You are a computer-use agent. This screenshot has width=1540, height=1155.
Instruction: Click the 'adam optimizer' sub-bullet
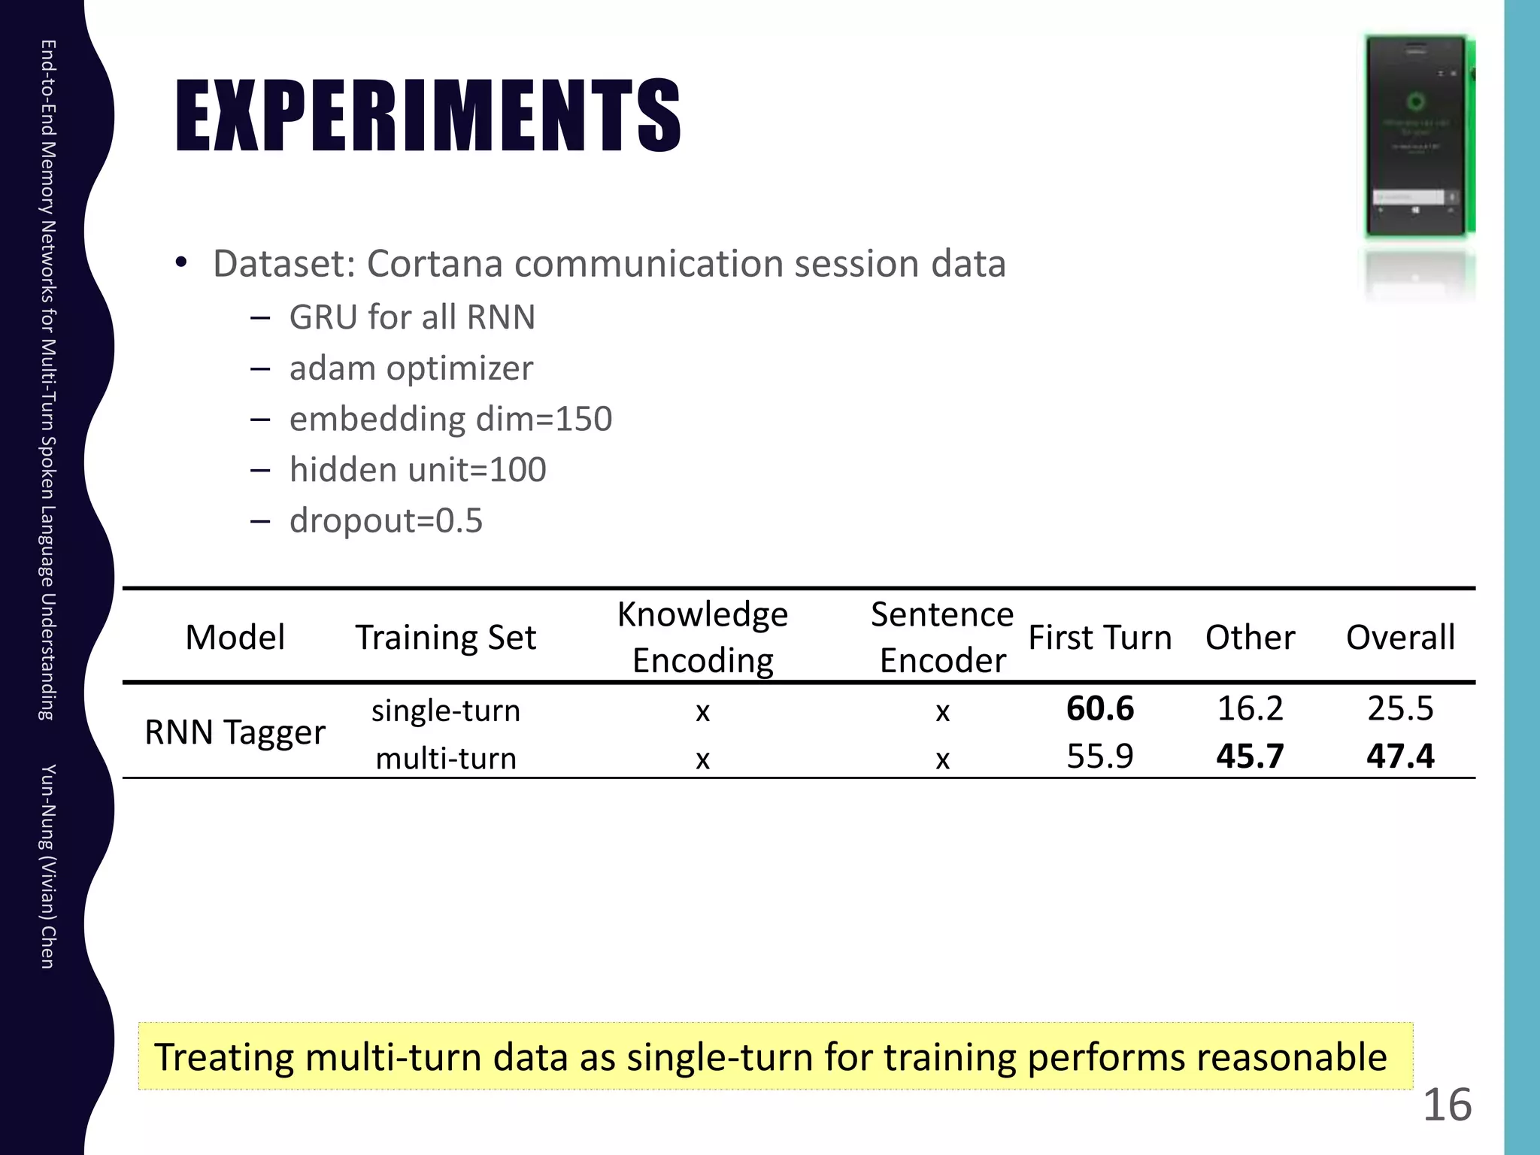click(x=411, y=368)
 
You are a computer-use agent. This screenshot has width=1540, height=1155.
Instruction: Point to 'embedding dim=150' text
click(x=450, y=419)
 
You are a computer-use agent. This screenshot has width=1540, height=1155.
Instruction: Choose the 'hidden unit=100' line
click(x=417, y=470)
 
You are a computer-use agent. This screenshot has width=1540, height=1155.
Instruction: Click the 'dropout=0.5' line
click(x=386, y=520)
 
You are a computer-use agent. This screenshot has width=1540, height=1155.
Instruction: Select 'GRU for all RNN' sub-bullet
click(x=412, y=317)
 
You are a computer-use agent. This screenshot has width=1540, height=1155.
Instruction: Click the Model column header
click(x=235, y=638)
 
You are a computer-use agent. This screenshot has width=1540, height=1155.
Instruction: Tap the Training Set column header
click(x=446, y=638)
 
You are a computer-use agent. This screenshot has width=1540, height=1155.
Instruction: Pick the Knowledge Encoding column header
click(x=702, y=637)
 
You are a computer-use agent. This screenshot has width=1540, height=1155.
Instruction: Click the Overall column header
click(x=1400, y=638)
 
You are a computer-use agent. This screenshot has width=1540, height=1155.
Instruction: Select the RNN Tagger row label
click(x=235, y=732)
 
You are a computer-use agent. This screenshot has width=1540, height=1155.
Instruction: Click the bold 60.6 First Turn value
click(x=1099, y=708)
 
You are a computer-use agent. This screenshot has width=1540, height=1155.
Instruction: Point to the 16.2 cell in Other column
click(x=1250, y=708)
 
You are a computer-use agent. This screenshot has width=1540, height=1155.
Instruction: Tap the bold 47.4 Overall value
click(x=1400, y=756)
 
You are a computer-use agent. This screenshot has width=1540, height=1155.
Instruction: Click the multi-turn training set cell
click(x=446, y=758)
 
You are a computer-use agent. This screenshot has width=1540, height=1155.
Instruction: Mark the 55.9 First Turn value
click(x=1099, y=756)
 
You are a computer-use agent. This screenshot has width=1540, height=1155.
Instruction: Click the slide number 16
click(x=1447, y=1105)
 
